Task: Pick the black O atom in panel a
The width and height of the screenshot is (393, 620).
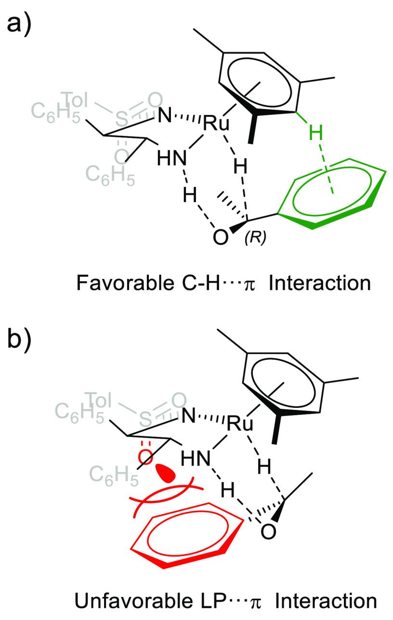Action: pos(220,237)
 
